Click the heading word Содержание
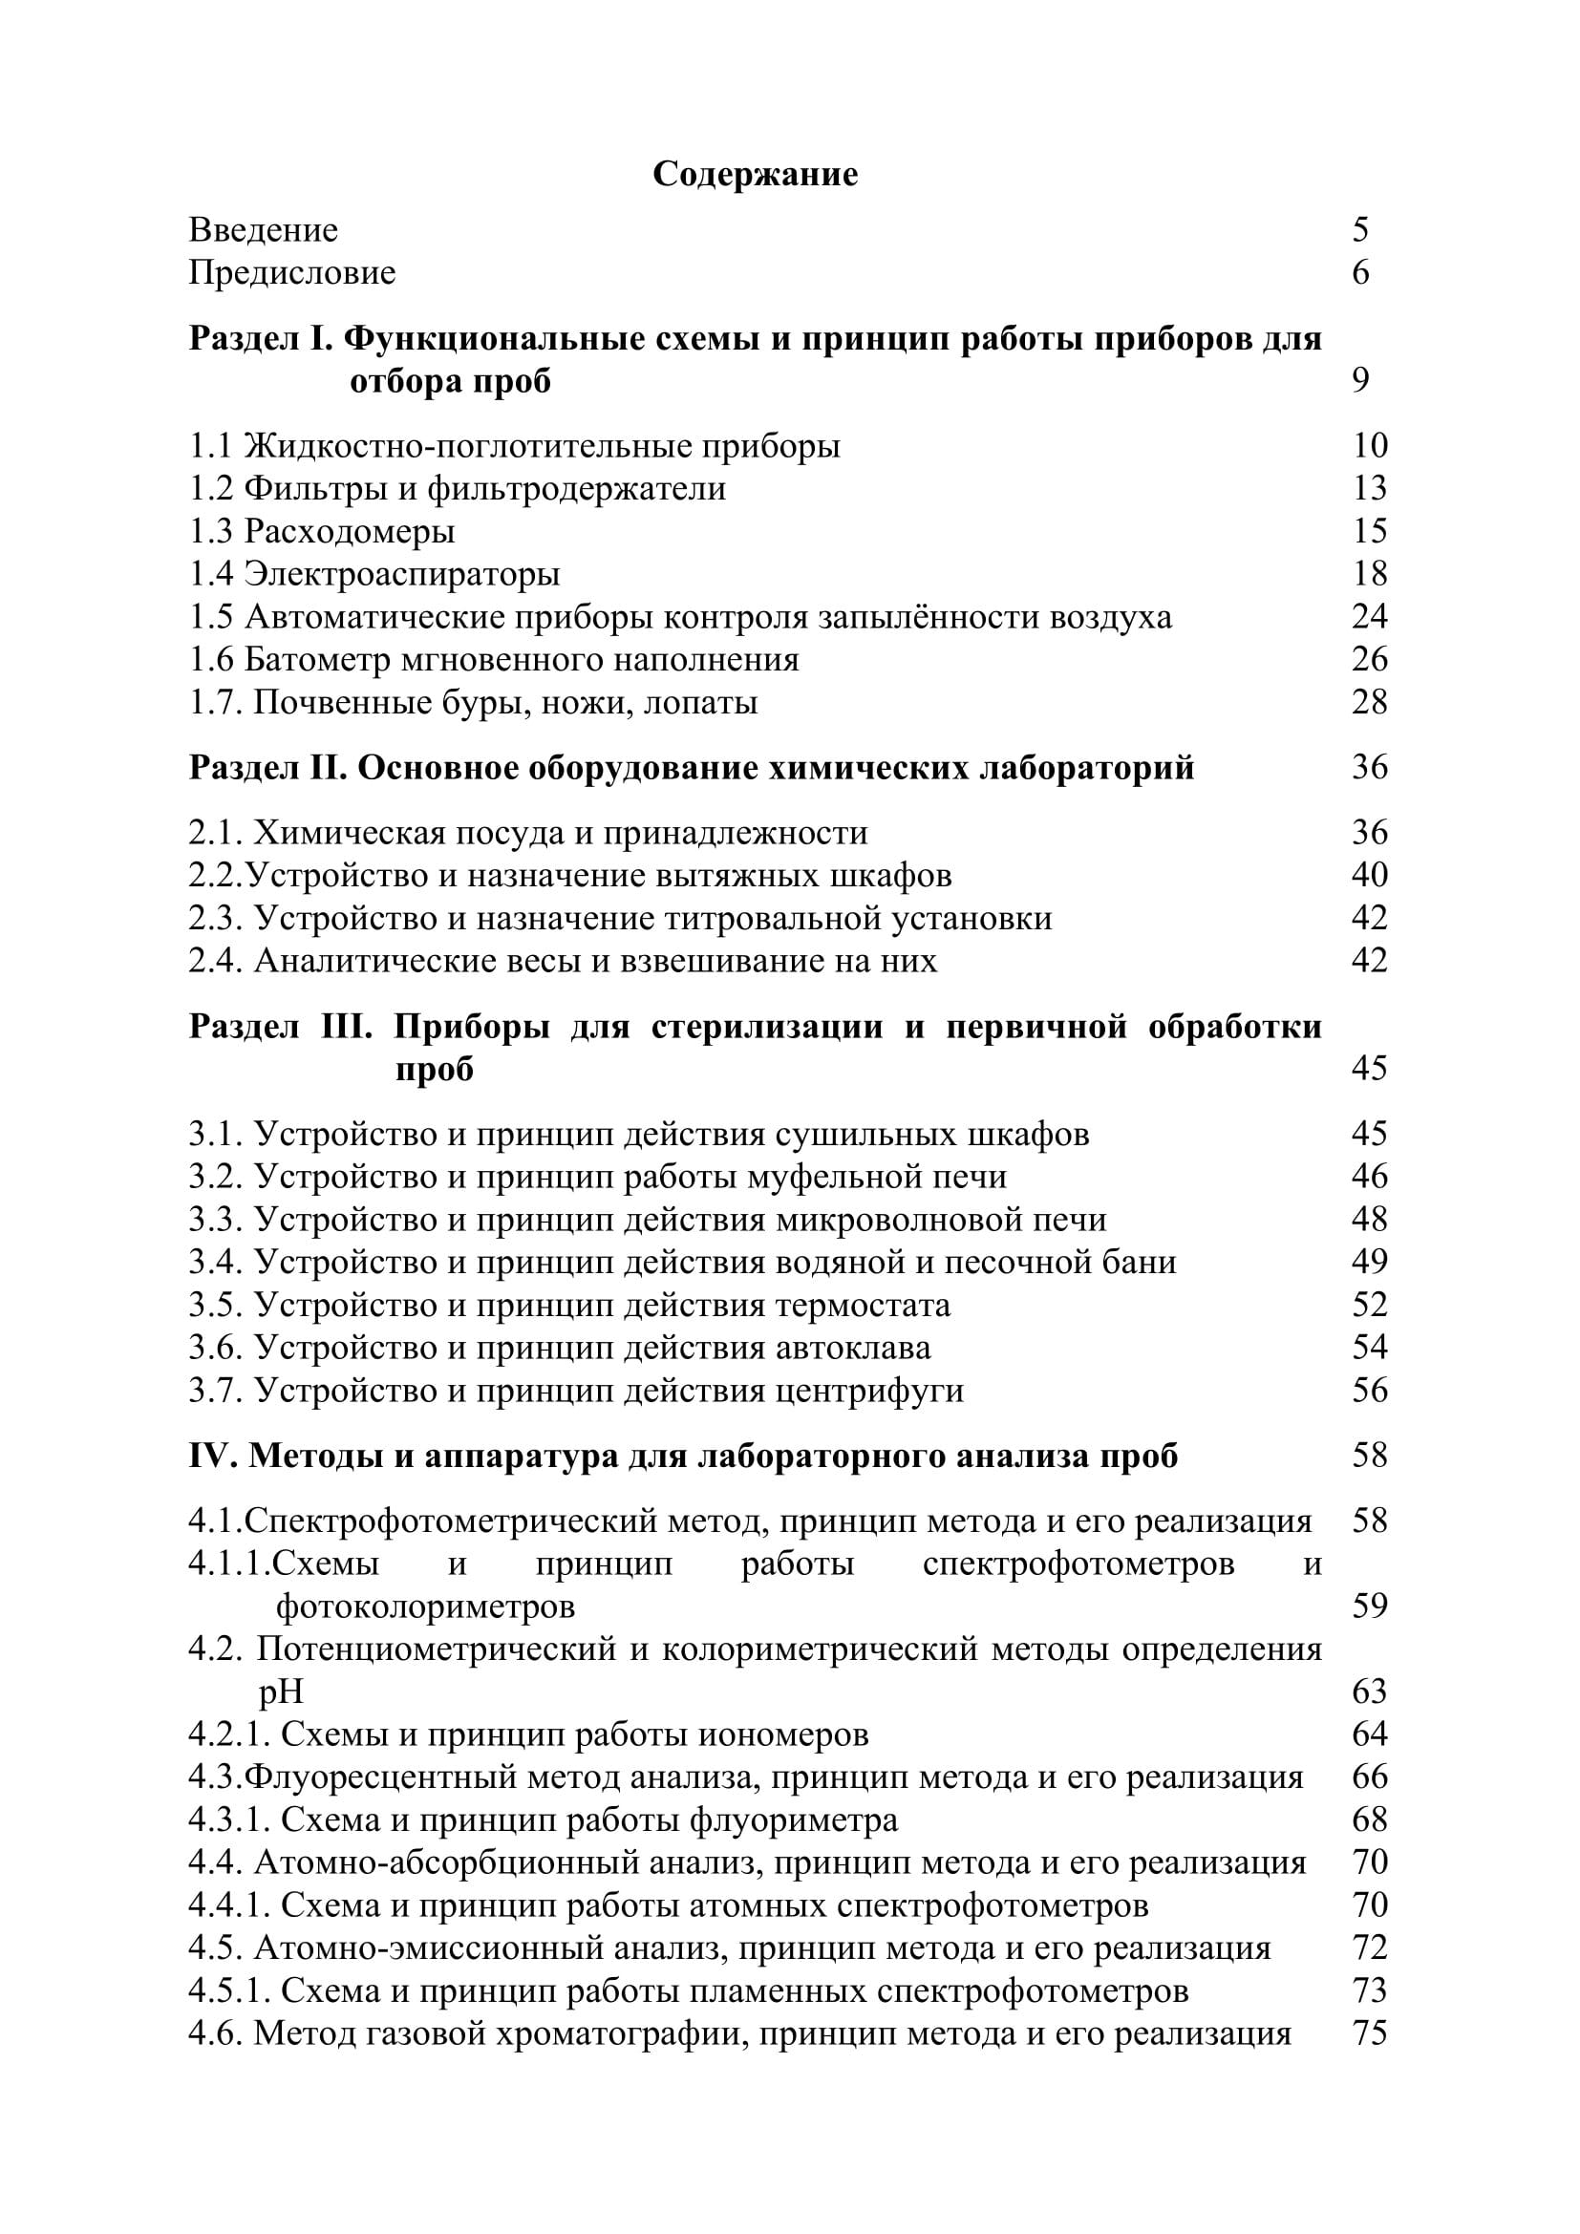[x=755, y=175]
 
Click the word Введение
[x=263, y=230]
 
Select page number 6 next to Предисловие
[x=1360, y=272]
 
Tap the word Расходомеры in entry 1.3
[x=350, y=531]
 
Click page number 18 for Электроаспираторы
[x=1369, y=574]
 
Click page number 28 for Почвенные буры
[x=1369, y=703]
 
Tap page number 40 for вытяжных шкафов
[x=1369, y=876]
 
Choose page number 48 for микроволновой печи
[x=1369, y=1220]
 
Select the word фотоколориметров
[x=425, y=1606]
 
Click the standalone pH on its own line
[x=281, y=1692]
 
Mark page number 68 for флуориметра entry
[x=1369, y=1820]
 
